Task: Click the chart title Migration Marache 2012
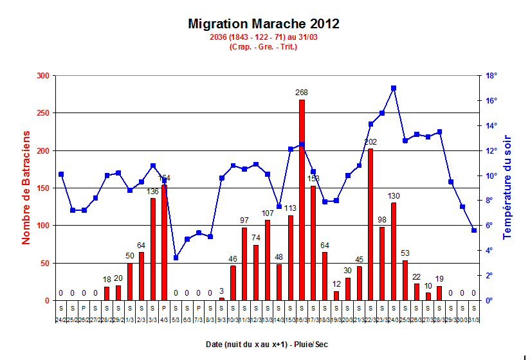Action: [x=264, y=24]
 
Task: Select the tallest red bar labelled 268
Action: [x=302, y=199]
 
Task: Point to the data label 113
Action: [x=290, y=208]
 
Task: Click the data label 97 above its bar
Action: [x=244, y=221]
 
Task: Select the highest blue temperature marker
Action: [x=393, y=88]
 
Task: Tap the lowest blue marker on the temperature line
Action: [x=176, y=258]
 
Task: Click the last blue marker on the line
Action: [x=474, y=230]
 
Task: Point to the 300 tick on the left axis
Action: [x=43, y=76]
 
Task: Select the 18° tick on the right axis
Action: [x=490, y=76]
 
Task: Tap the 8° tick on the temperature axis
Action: [x=489, y=201]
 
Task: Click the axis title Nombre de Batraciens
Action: [x=26, y=187]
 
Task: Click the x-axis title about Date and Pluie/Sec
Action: [x=266, y=345]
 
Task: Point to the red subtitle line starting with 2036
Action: [x=263, y=38]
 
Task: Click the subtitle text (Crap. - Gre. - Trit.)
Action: [x=263, y=47]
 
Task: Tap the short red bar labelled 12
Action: [x=336, y=296]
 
